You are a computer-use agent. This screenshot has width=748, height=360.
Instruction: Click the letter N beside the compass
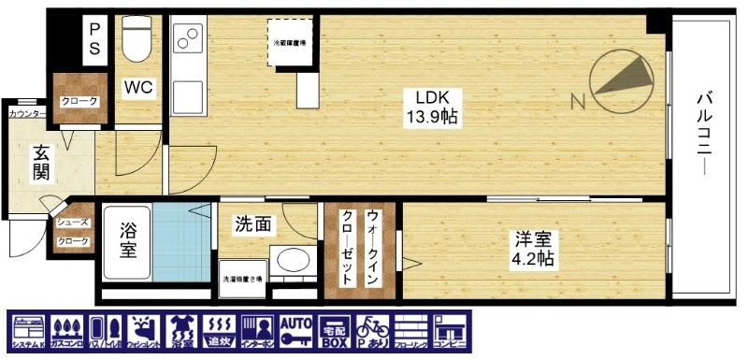pyautogui.click(x=577, y=99)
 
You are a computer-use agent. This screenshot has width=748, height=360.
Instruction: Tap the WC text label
pyautogui.click(x=139, y=89)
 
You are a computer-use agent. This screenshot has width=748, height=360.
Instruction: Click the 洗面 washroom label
pyautogui.click(x=253, y=224)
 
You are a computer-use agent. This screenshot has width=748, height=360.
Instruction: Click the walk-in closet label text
pyautogui.click(x=360, y=248)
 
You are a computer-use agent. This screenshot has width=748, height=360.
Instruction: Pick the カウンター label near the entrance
pyautogui.click(x=26, y=114)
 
